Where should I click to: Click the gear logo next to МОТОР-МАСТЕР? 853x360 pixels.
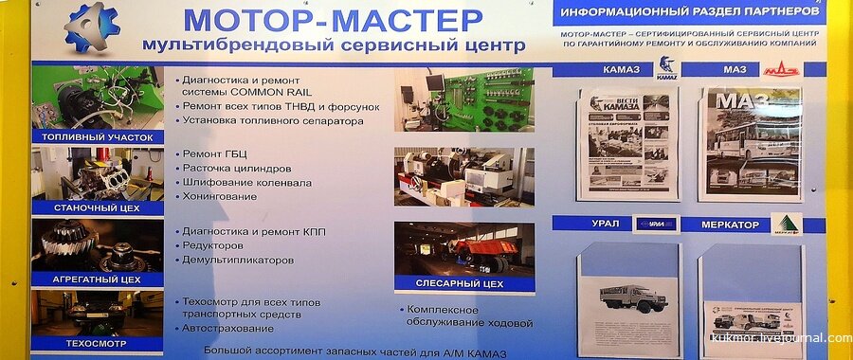92,27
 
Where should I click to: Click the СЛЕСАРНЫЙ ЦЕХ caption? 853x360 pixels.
459,282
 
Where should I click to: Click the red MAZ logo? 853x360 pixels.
782,69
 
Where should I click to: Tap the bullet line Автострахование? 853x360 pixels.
227,328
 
